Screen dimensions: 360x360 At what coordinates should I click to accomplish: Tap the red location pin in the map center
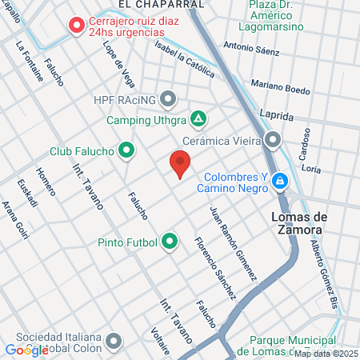pos(180,165)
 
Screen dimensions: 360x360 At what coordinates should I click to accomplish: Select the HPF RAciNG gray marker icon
pos(168,99)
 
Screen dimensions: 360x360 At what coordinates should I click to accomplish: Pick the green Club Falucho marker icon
pos(126,150)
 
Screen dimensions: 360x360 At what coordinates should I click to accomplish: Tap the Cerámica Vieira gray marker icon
pos(274,140)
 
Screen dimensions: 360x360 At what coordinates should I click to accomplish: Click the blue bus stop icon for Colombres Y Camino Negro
pos(278,182)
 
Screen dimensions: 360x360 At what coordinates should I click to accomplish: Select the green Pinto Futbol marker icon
pos(169,240)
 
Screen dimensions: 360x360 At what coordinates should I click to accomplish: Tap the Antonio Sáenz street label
pos(252,50)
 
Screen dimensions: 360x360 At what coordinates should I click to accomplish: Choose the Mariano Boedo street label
pos(279,86)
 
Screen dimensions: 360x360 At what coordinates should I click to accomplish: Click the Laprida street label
pos(277,114)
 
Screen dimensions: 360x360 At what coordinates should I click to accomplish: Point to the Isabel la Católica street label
pos(186,60)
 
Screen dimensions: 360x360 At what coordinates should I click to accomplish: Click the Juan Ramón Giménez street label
pos(233,242)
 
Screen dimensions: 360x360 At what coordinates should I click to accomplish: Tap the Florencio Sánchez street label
pos(215,267)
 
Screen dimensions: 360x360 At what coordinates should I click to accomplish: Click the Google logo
pos(26,350)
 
